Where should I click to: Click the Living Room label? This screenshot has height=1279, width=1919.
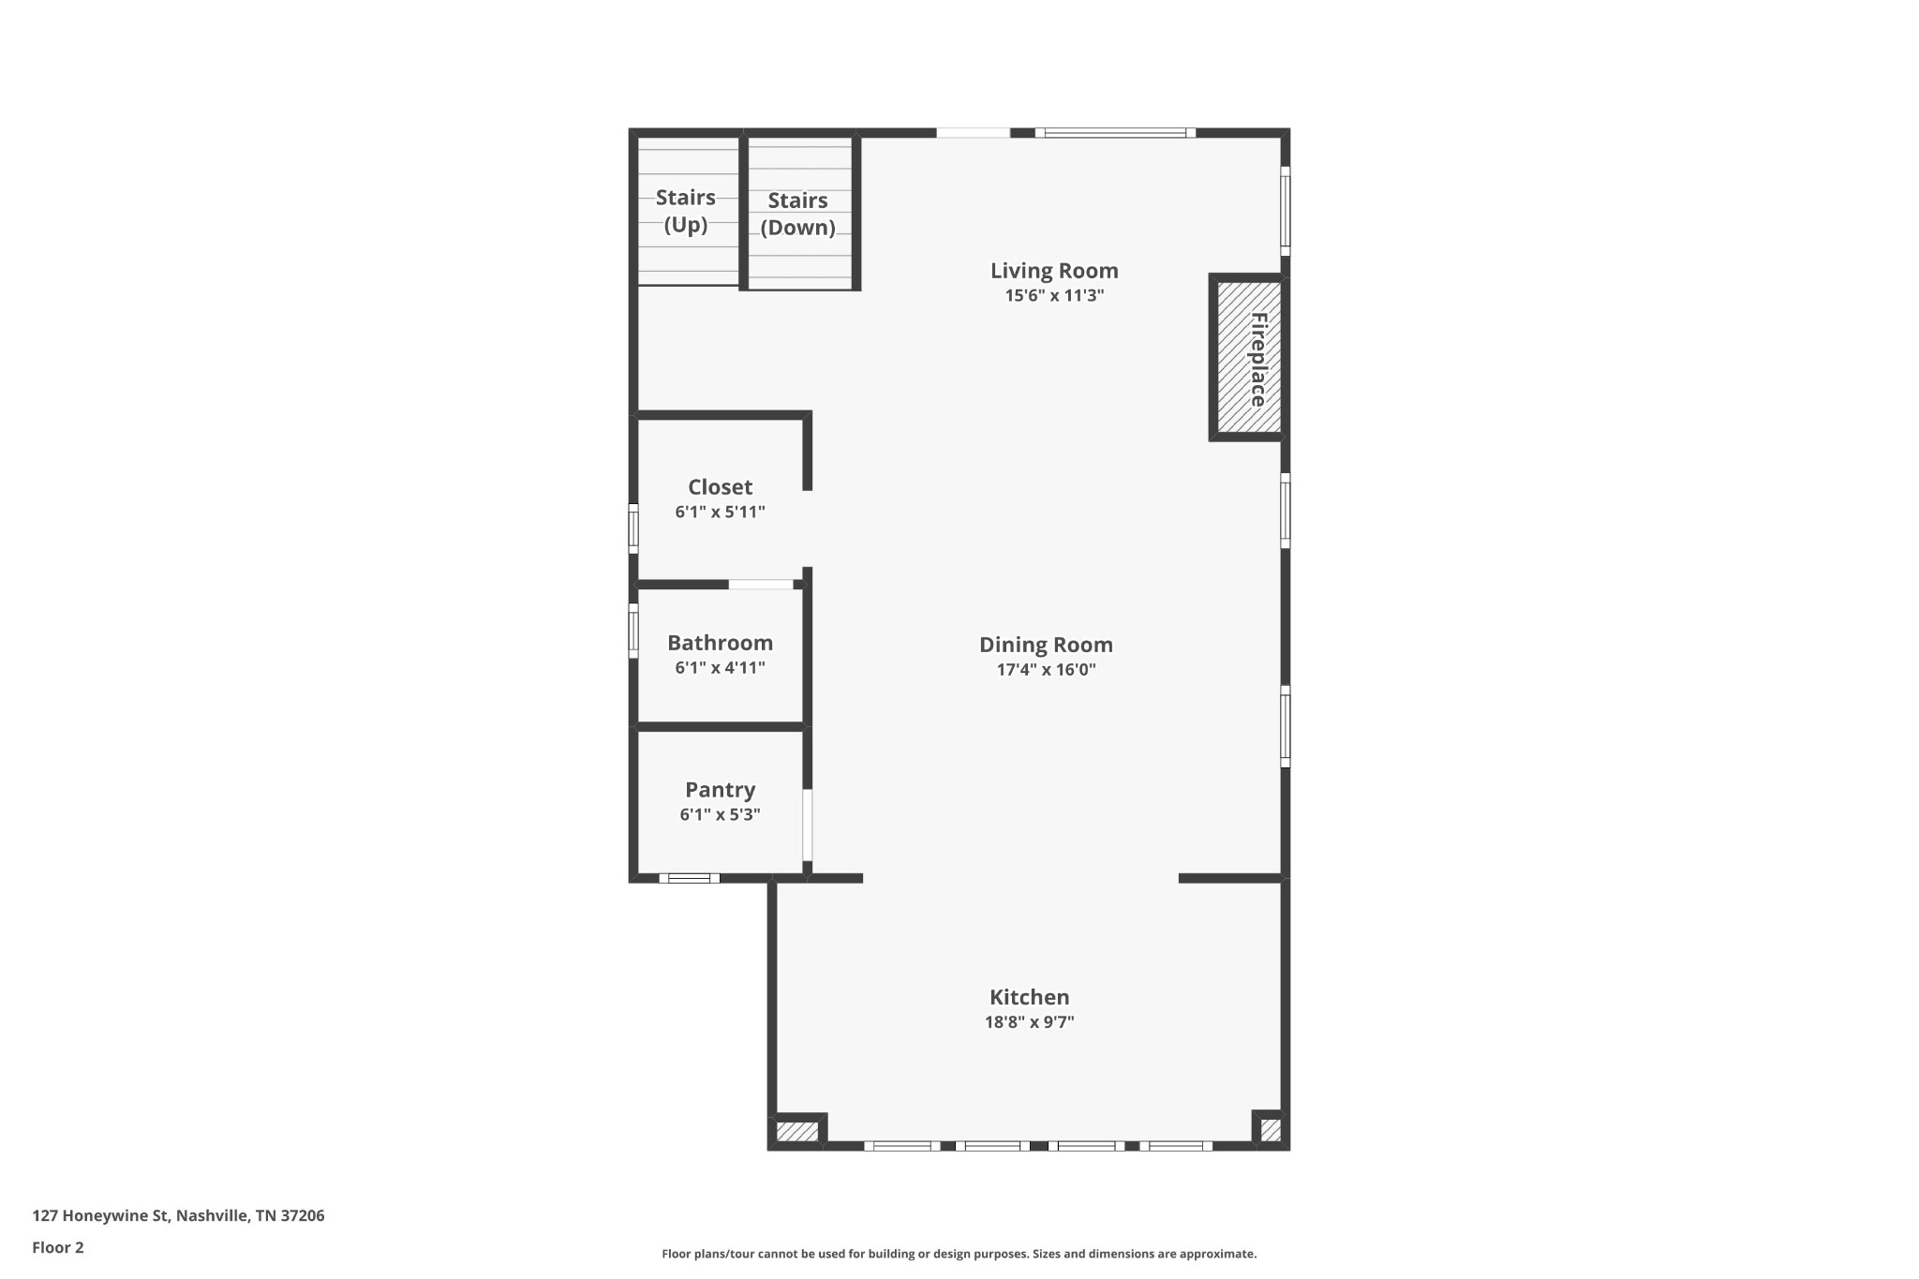tap(1054, 271)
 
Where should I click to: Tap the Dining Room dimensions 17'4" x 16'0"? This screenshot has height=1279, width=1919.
tap(1046, 670)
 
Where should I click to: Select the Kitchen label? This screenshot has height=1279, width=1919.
tap(1029, 997)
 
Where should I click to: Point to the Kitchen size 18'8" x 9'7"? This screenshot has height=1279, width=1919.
tap(1029, 1022)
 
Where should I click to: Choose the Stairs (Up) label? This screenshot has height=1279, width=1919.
tap(685, 211)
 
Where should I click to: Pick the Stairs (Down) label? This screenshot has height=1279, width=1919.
tap(797, 214)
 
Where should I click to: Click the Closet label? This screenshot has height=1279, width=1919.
tap(720, 487)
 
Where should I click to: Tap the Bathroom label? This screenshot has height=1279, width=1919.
tap(720, 643)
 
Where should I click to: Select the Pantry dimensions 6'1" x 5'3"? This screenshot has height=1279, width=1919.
tap(720, 815)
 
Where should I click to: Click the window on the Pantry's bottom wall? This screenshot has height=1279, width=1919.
tap(689, 878)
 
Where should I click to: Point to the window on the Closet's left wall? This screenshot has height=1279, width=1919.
tap(633, 528)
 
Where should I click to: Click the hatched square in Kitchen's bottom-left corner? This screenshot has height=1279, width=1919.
tap(796, 1132)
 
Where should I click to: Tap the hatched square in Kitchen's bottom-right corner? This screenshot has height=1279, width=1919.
tap(1270, 1130)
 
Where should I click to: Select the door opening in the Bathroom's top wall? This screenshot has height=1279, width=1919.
tap(761, 585)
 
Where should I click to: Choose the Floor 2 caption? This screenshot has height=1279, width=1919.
tap(58, 1247)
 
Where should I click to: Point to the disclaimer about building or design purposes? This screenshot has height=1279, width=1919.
tap(959, 1254)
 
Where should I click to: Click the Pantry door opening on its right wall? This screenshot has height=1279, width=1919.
tap(807, 825)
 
